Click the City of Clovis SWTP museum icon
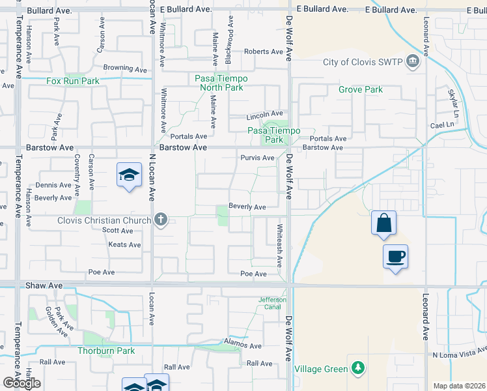pyautogui.click(x=412, y=63)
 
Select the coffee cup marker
pyautogui.click(x=396, y=256)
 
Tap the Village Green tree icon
pyautogui.click(x=357, y=369)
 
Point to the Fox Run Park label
pyautogui.click(x=73, y=81)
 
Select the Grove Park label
pyautogui.click(x=361, y=89)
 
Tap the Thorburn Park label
pyautogui.click(x=106, y=351)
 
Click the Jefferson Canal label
pyautogui.click(x=273, y=303)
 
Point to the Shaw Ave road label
pyautogui.click(x=44, y=285)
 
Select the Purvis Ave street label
pyautogui.click(x=257, y=158)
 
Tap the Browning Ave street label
pyautogui.click(x=125, y=68)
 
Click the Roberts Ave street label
pyautogui.click(x=263, y=51)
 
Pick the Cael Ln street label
pyautogui.click(x=441, y=124)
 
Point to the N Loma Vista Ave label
pyautogui.click(x=458, y=355)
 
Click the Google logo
pyautogui.click(x=21, y=383)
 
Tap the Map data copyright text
pyautogui.click(x=460, y=386)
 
